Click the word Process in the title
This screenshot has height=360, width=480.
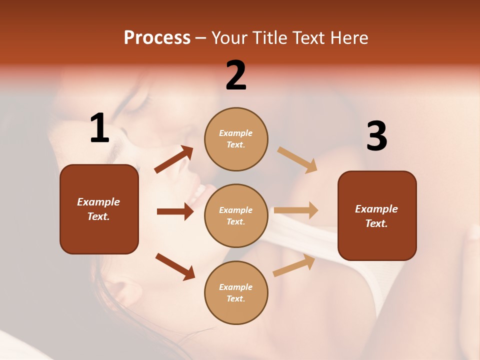coord(157,38)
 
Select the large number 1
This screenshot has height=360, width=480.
coord(99,128)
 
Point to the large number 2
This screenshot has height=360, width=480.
coord(236,75)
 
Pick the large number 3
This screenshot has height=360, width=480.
coord(376,136)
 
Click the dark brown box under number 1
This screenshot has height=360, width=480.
coord(99,209)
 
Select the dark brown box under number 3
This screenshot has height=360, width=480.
coord(377,216)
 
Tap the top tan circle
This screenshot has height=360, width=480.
coord(236,139)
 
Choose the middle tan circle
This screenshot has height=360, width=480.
coord(236,216)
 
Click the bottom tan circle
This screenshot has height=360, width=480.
coord(236,293)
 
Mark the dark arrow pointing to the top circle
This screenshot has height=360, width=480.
coord(174,159)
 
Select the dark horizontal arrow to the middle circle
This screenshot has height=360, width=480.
coord(175,211)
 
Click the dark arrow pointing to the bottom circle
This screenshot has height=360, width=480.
coord(175,266)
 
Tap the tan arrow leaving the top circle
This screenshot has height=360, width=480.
coord(297,159)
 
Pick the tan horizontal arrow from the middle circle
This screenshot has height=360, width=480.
coord(296,210)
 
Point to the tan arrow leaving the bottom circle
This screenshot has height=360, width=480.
coord(294,265)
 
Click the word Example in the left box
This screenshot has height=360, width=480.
coord(98,202)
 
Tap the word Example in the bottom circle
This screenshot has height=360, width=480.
coord(236,287)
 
